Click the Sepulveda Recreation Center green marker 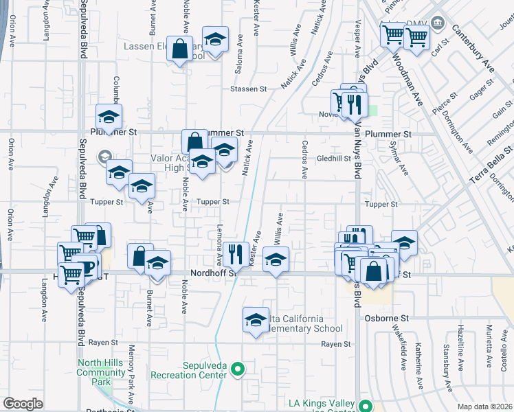click(x=238, y=369)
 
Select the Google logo click(x=23, y=403)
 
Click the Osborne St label click(x=390, y=319)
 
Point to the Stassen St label click(x=248, y=89)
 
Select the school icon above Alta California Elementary click(x=256, y=319)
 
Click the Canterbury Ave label click(x=473, y=49)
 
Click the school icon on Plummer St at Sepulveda click(x=109, y=117)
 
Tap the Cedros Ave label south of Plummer click(x=304, y=159)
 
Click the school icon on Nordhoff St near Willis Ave click(x=276, y=260)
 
